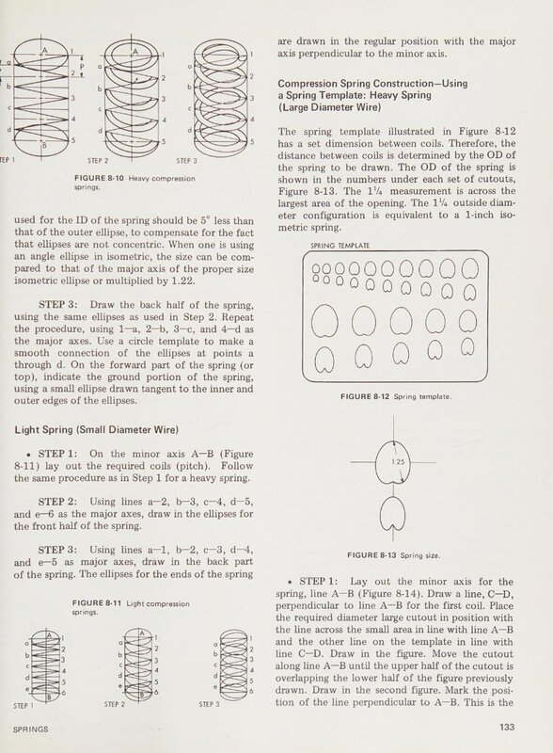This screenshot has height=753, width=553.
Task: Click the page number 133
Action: tap(506, 727)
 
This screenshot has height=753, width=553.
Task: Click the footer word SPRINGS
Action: tap(31, 729)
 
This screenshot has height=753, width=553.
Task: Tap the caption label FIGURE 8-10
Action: tap(99, 178)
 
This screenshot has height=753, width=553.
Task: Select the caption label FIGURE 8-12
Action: tap(364, 396)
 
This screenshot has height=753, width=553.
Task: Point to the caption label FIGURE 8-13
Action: tap(371, 555)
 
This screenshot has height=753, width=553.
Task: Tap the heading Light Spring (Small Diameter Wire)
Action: tap(97, 430)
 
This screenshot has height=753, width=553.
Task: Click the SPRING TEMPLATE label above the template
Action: tap(340, 246)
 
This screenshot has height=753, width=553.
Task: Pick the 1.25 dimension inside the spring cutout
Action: tap(398, 462)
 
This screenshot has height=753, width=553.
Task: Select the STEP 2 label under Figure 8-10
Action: tap(98, 161)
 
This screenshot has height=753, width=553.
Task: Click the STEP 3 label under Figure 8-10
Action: tap(186, 161)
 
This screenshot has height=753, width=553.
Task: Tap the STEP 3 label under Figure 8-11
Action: tap(209, 704)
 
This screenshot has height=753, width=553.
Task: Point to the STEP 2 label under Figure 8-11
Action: tap(114, 704)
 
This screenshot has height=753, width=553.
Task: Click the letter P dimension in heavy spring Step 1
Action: tap(82, 66)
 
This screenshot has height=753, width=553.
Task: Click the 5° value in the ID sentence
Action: tap(205, 221)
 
